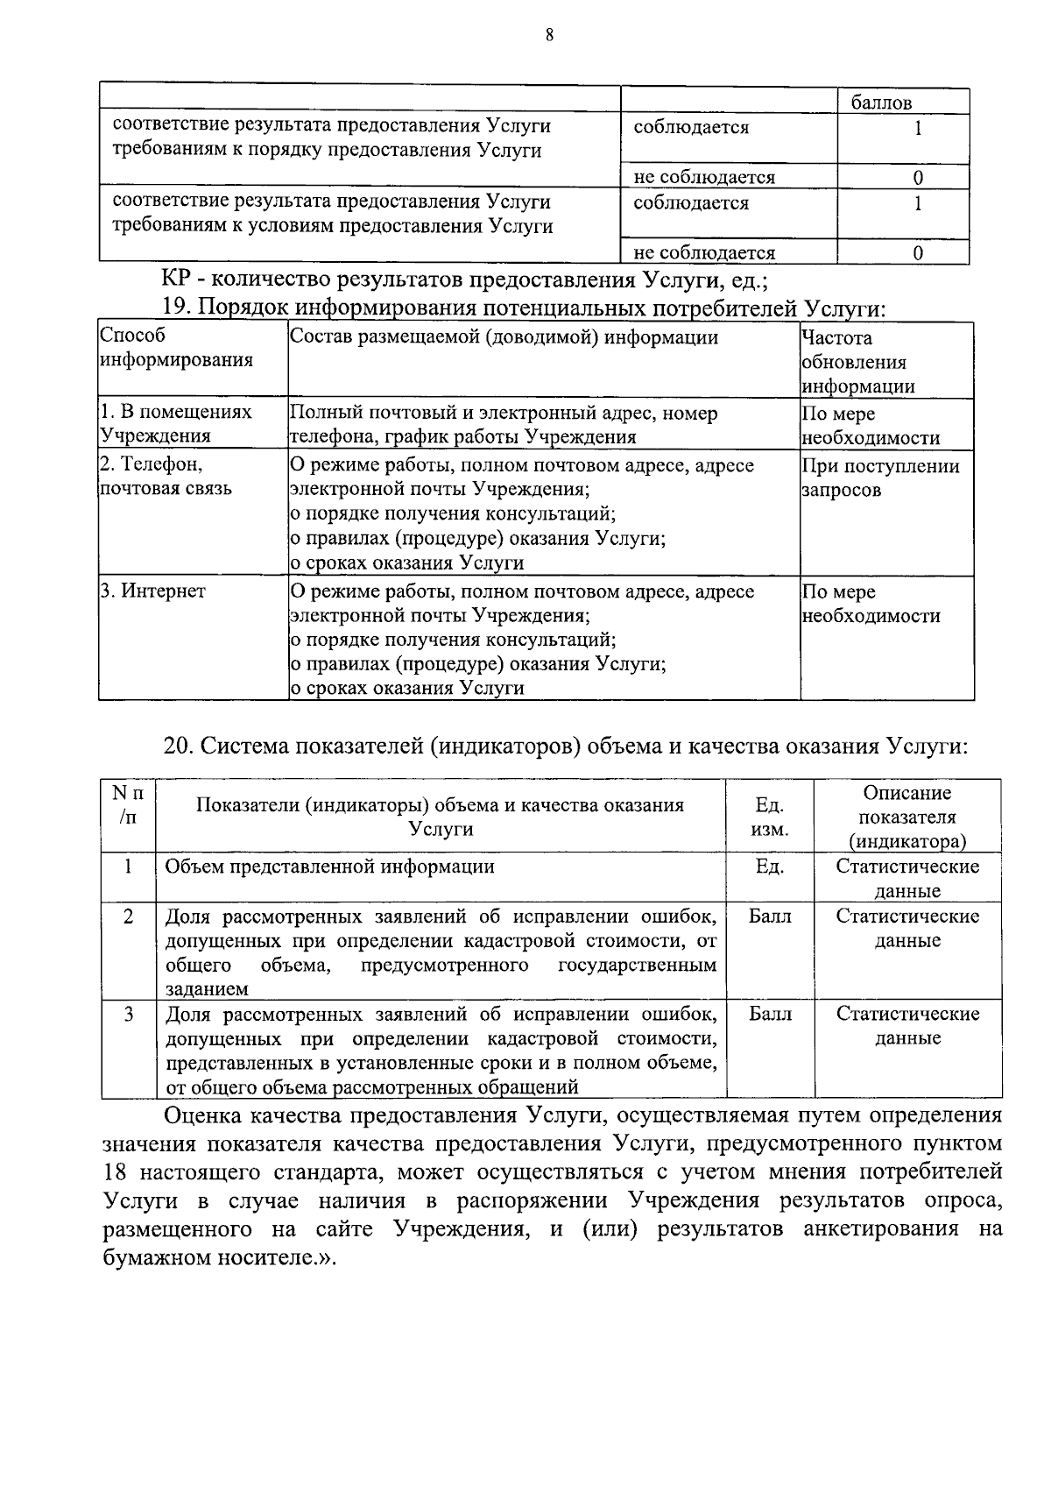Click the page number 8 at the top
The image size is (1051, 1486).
coord(549,35)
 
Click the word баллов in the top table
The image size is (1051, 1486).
coord(881,103)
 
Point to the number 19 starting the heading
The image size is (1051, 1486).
coord(176,309)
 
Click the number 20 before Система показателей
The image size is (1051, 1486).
coord(177,747)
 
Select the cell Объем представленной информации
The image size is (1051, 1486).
coord(330,867)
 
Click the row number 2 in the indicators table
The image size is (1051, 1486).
coord(128,916)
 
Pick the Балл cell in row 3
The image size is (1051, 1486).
coord(770,1014)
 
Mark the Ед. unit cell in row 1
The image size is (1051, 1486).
coord(769,867)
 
